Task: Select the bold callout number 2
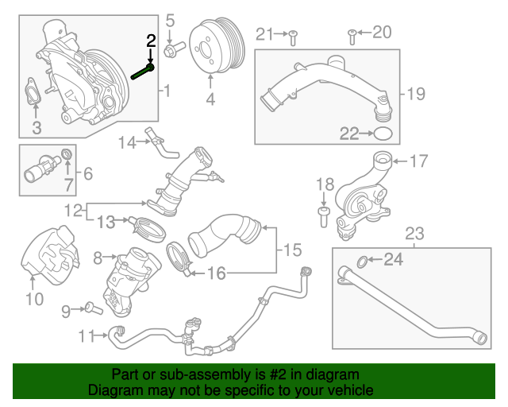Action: pyautogui.click(x=150, y=41)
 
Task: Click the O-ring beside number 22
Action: pyautogui.click(x=382, y=133)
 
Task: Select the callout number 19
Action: pyautogui.click(x=417, y=94)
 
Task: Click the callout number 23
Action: pyautogui.click(x=414, y=233)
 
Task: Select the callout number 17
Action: pyautogui.click(x=418, y=161)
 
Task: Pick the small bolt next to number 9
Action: pyautogui.click(x=90, y=307)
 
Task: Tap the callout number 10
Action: pyautogui.click(x=33, y=299)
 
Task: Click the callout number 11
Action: pyautogui.click(x=88, y=335)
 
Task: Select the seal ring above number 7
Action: pyautogui.click(x=67, y=153)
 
